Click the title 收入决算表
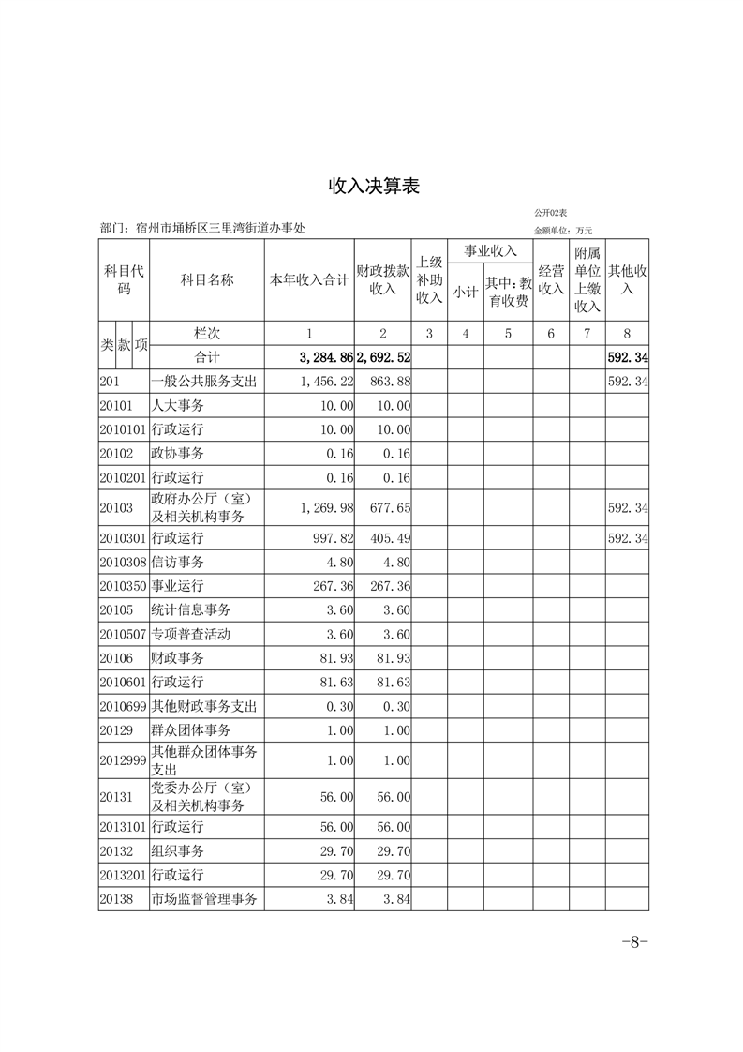[x=373, y=186]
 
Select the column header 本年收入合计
[x=309, y=279]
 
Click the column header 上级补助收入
[x=429, y=279]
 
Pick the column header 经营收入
[x=551, y=279]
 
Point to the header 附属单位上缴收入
[x=587, y=279]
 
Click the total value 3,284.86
[x=325, y=357]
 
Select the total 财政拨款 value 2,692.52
[x=383, y=357]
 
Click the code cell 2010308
[x=122, y=563]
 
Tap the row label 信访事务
[x=177, y=563]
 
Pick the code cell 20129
[x=116, y=729]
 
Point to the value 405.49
[x=392, y=539]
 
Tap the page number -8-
[x=635, y=942]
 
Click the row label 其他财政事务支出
[x=203, y=706]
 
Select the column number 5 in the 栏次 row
[x=508, y=333]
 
